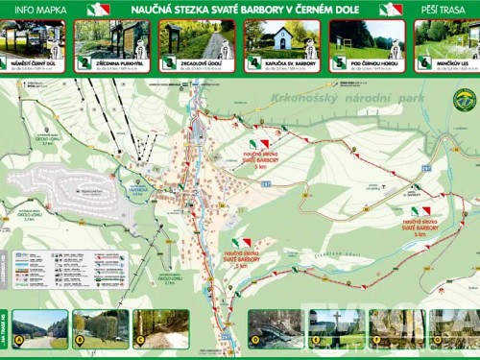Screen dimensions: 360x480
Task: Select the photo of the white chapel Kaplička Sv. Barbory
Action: click(x=279, y=38)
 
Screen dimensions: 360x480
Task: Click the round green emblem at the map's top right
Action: click(x=464, y=99)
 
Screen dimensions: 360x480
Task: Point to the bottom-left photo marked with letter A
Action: click(x=39, y=328)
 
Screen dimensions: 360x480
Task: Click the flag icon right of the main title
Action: click(x=390, y=9)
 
